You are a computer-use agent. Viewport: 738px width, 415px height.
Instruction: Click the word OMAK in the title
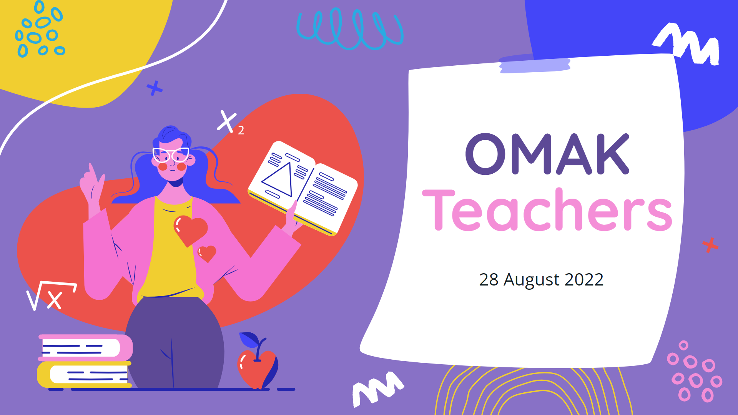pyautogui.click(x=547, y=154)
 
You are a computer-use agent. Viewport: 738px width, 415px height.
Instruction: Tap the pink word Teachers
pyautogui.click(x=547, y=211)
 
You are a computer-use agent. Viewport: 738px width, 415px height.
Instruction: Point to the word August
pyautogui.click(x=531, y=280)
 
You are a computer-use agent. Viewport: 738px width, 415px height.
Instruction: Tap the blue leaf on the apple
pyautogui.click(x=248, y=340)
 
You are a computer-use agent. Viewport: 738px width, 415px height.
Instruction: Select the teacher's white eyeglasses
pyautogui.click(x=171, y=154)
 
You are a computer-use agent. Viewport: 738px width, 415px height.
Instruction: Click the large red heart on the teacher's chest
pyautogui.click(x=190, y=230)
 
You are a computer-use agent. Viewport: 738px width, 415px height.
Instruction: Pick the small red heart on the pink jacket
pyautogui.click(x=207, y=253)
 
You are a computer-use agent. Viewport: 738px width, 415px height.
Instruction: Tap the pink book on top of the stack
pyautogui.click(x=85, y=347)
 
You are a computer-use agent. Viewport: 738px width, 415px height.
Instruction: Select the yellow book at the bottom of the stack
pyautogui.click(x=84, y=374)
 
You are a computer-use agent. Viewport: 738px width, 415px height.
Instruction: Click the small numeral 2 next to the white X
pyautogui.click(x=241, y=131)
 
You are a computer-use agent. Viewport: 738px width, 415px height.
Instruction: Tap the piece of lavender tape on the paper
pyautogui.click(x=534, y=64)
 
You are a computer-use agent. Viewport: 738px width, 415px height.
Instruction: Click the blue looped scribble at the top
pyautogui.click(x=349, y=29)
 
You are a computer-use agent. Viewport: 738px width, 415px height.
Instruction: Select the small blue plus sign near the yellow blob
pyautogui.click(x=155, y=88)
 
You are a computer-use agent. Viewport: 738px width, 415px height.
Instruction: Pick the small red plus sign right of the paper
pyautogui.click(x=710, y=245)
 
